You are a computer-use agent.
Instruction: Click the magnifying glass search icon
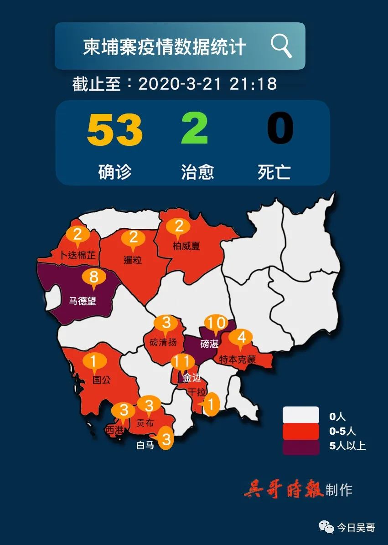281,46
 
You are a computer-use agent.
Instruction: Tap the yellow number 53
114,129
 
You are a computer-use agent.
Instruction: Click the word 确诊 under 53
114,172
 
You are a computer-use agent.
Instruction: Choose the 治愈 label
197,172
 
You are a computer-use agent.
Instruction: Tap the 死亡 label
274,172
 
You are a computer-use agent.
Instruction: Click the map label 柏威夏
186,247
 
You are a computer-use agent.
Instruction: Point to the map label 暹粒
133,260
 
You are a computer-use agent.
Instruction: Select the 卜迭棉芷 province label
78,255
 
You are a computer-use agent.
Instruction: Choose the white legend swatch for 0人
300,415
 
